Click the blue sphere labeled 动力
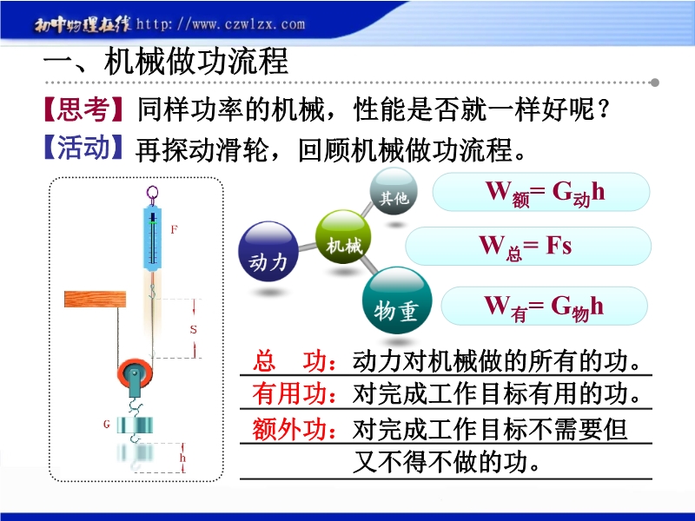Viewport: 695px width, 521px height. point(268,252)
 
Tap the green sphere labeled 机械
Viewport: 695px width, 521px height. point(343,236)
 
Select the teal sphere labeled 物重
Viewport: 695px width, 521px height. point(397,300)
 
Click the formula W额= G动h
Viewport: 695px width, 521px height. point(545,194)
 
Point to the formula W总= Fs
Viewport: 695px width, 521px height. point(526,247)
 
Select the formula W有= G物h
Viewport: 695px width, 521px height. point(544,307)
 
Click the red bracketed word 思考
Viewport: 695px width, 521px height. point(83,109)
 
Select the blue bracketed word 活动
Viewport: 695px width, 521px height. point(83,148)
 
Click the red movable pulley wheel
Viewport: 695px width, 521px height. point(135,373)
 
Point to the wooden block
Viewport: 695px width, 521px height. point(95,300)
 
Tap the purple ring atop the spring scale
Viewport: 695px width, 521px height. point(152,193)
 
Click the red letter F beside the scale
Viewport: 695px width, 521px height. point(174,229)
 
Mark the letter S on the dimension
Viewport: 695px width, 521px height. point(193,330)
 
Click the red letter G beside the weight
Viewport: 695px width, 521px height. point(106,425)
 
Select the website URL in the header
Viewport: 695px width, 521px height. point(221,23)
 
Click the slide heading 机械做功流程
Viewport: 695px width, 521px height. point(196,61)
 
